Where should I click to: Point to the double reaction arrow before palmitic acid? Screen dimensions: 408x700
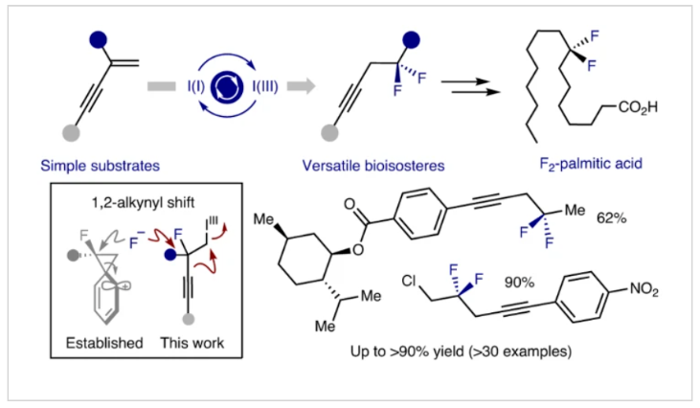click(478, 87)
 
